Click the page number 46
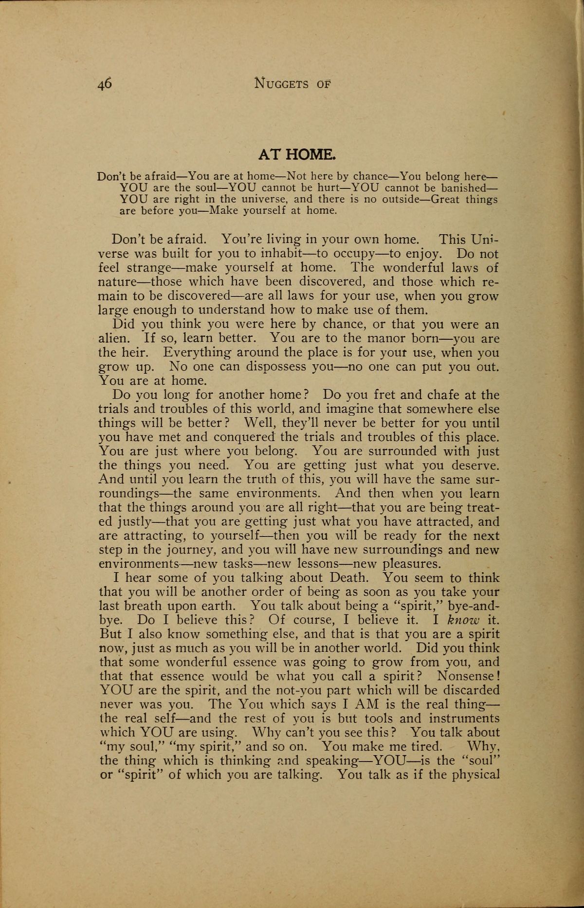[105, 83]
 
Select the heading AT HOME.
[296, 155]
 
